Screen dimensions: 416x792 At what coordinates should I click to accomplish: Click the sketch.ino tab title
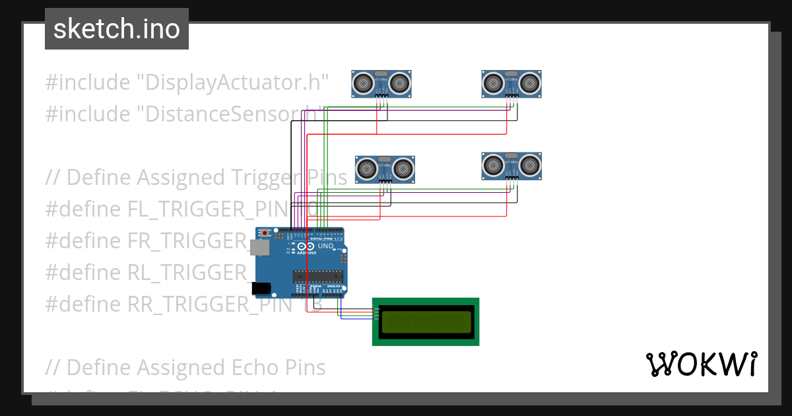pyautogui.click(x=117, y=29)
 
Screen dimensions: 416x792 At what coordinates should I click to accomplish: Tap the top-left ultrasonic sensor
pyautogui.click(x=381, y=83)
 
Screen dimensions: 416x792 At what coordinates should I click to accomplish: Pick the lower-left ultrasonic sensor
pyautogui.click(x=385, y=169)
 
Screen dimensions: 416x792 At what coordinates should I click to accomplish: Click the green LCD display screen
pyautogui.click(x=426, y=322)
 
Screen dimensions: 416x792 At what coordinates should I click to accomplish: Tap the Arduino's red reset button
pyautogui.click(x=265, y=233)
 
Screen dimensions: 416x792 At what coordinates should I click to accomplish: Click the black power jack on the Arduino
pyautogui.click(x=261, y=288)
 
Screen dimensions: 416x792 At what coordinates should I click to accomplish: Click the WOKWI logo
pyautogui.click(x=701, y=364)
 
